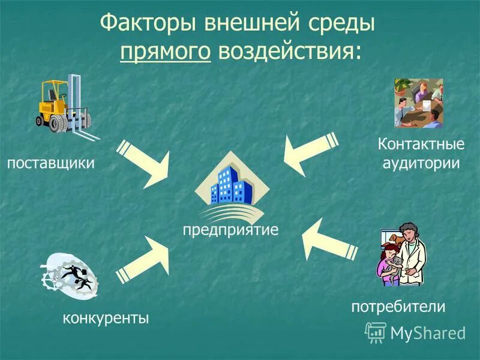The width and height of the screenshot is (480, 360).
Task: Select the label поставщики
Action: [51, 163]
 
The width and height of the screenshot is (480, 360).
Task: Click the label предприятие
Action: [230, 230]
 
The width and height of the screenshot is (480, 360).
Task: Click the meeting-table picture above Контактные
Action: [418, 103]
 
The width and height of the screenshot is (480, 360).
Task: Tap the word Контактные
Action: [421, 145]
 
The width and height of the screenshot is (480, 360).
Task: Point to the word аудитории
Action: [421, 163]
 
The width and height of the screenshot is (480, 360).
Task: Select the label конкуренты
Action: [106, 317]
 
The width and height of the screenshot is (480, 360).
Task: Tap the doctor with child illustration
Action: [403, 254]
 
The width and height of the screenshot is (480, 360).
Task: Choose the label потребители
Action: [398, 307]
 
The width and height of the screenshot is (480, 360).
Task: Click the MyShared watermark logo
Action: [415, 332]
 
